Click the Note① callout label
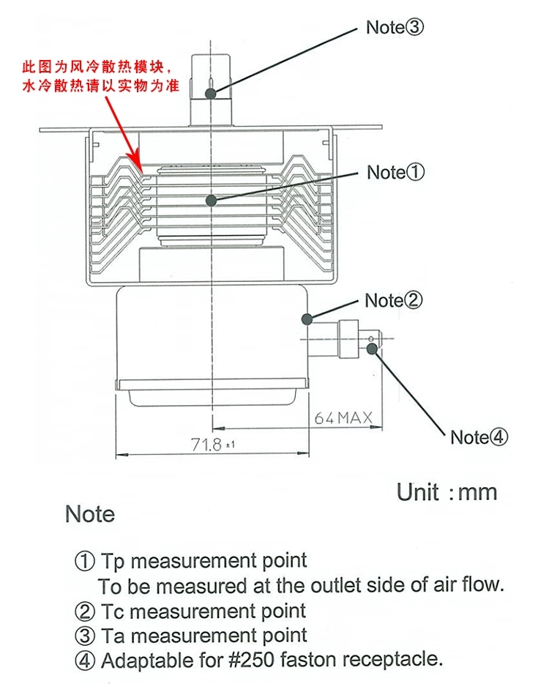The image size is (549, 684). [395, 173]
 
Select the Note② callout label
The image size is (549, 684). [394, 300]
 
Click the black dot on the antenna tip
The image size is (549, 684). [211, 93]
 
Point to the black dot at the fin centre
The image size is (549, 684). [212, 200]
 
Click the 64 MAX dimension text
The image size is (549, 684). [343, 418]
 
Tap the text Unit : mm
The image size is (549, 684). [447, 491]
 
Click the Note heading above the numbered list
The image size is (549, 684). [90, 514]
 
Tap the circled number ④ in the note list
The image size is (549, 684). [86, 661]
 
